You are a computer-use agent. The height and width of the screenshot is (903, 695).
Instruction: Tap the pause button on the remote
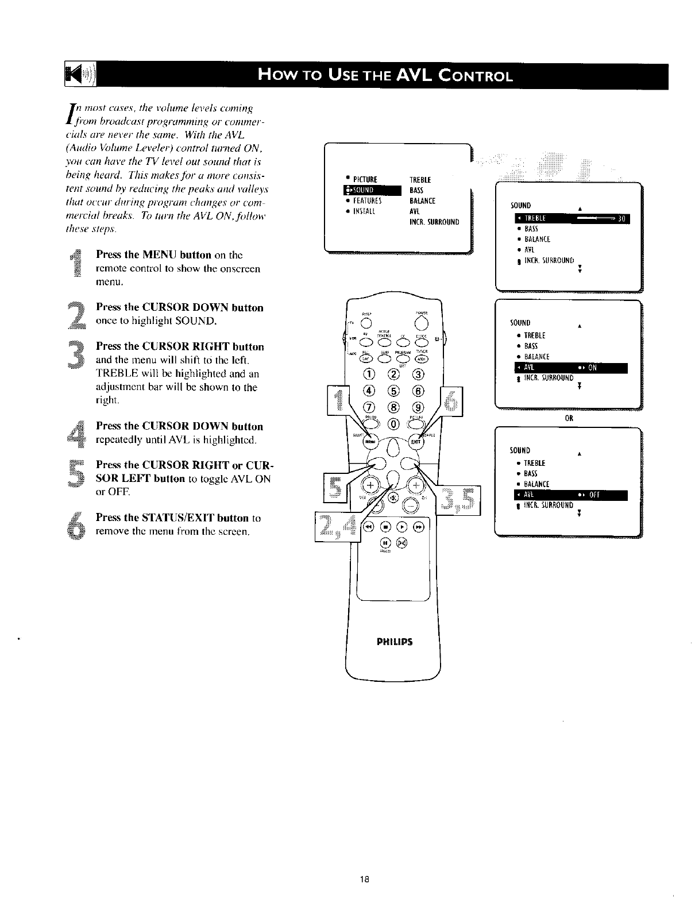pos(385,542)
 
